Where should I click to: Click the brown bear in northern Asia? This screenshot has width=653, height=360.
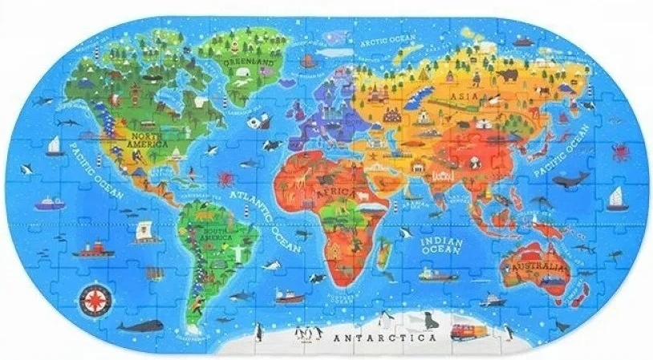pyautogui.click(x=507, y=76)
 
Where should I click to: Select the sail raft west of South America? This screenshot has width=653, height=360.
pyautogui.click(x=145, y=229)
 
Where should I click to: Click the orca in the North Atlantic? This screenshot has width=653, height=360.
pyautogui.click(x=272, y=144)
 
